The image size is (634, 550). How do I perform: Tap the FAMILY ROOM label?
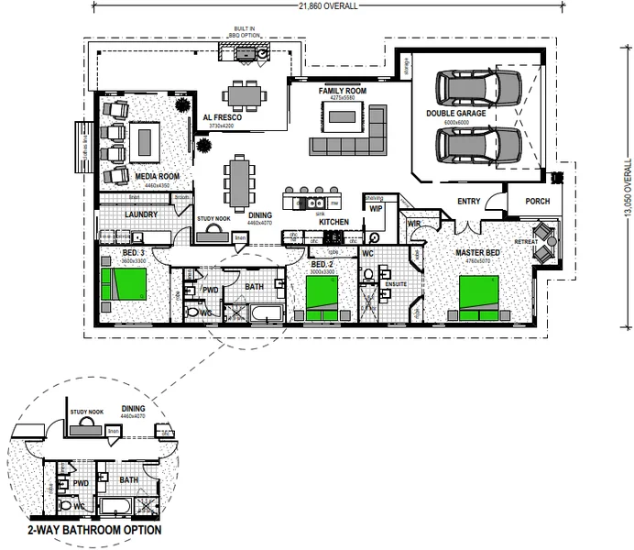342,93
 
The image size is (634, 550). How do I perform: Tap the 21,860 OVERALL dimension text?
315,5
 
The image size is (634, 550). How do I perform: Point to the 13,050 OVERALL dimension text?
628,185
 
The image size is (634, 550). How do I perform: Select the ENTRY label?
467,202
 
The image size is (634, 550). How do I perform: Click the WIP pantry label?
376,208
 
